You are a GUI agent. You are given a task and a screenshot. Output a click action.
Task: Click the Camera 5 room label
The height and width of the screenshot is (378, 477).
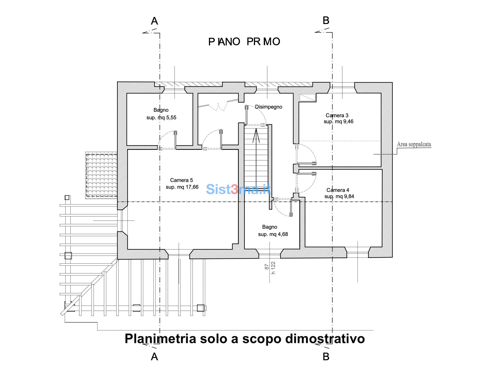(181, 180)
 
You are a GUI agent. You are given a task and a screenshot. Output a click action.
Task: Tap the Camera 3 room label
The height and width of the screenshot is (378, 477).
(337, 115)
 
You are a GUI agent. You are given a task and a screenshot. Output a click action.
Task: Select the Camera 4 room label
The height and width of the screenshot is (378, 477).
(338, 190)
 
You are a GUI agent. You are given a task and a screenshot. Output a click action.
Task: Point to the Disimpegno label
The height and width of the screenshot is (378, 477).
(269, 107)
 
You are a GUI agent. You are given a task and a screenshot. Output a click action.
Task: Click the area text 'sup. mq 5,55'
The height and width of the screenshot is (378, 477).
(161, 118)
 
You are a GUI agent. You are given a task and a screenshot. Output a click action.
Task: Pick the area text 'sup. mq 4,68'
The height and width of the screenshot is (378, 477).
(273, 234)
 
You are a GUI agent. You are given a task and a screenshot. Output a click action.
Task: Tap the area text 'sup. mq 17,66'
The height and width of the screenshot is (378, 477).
(182, 187)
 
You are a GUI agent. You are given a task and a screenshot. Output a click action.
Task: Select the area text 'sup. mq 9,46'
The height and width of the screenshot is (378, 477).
(338, 121)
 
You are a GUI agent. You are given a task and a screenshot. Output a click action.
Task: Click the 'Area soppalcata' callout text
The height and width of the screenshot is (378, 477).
(414, 144)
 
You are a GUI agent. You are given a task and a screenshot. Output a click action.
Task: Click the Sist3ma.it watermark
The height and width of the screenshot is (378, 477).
(238, 189)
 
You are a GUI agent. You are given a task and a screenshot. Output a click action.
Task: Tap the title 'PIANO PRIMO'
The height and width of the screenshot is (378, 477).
(244, 42)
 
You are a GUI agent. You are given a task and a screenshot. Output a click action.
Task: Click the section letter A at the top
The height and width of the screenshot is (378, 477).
(154, 21)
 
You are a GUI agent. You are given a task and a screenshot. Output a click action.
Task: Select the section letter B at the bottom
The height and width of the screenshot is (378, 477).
(326, 356)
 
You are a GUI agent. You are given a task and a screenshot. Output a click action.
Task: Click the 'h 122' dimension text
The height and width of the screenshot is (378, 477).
(273, 268)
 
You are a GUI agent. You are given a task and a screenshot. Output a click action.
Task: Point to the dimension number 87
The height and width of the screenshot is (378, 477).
(267, 267)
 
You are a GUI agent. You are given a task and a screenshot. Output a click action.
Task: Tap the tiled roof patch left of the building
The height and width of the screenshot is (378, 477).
(101, 175)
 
